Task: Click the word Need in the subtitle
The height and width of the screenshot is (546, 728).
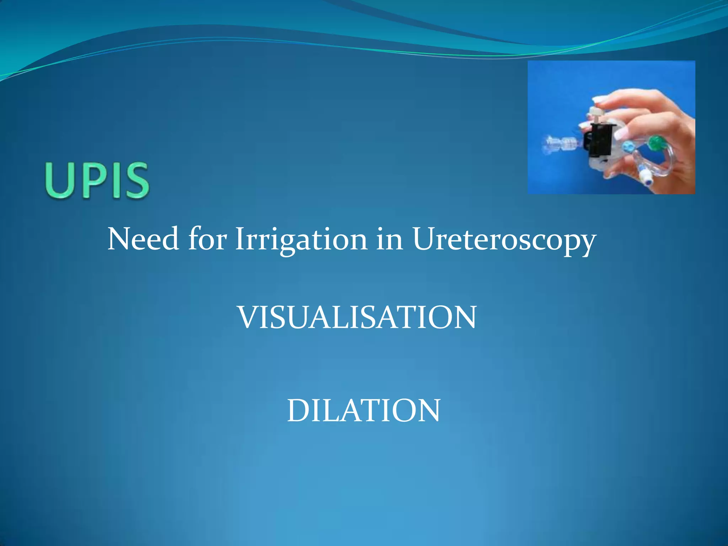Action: [143, 239]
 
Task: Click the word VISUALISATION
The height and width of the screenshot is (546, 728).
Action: [357, 317]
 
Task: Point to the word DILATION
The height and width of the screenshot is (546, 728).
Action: [363, 410]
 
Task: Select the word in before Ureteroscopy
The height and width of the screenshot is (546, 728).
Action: [390, 239]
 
